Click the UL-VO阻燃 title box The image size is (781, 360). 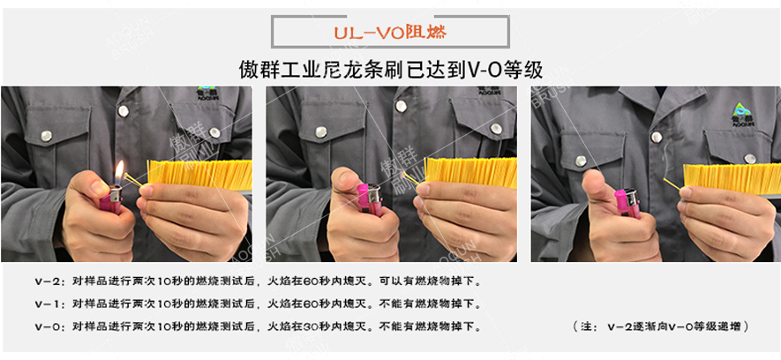tap(389, 33)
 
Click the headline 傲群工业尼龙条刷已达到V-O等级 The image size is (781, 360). tap(390, 69)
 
